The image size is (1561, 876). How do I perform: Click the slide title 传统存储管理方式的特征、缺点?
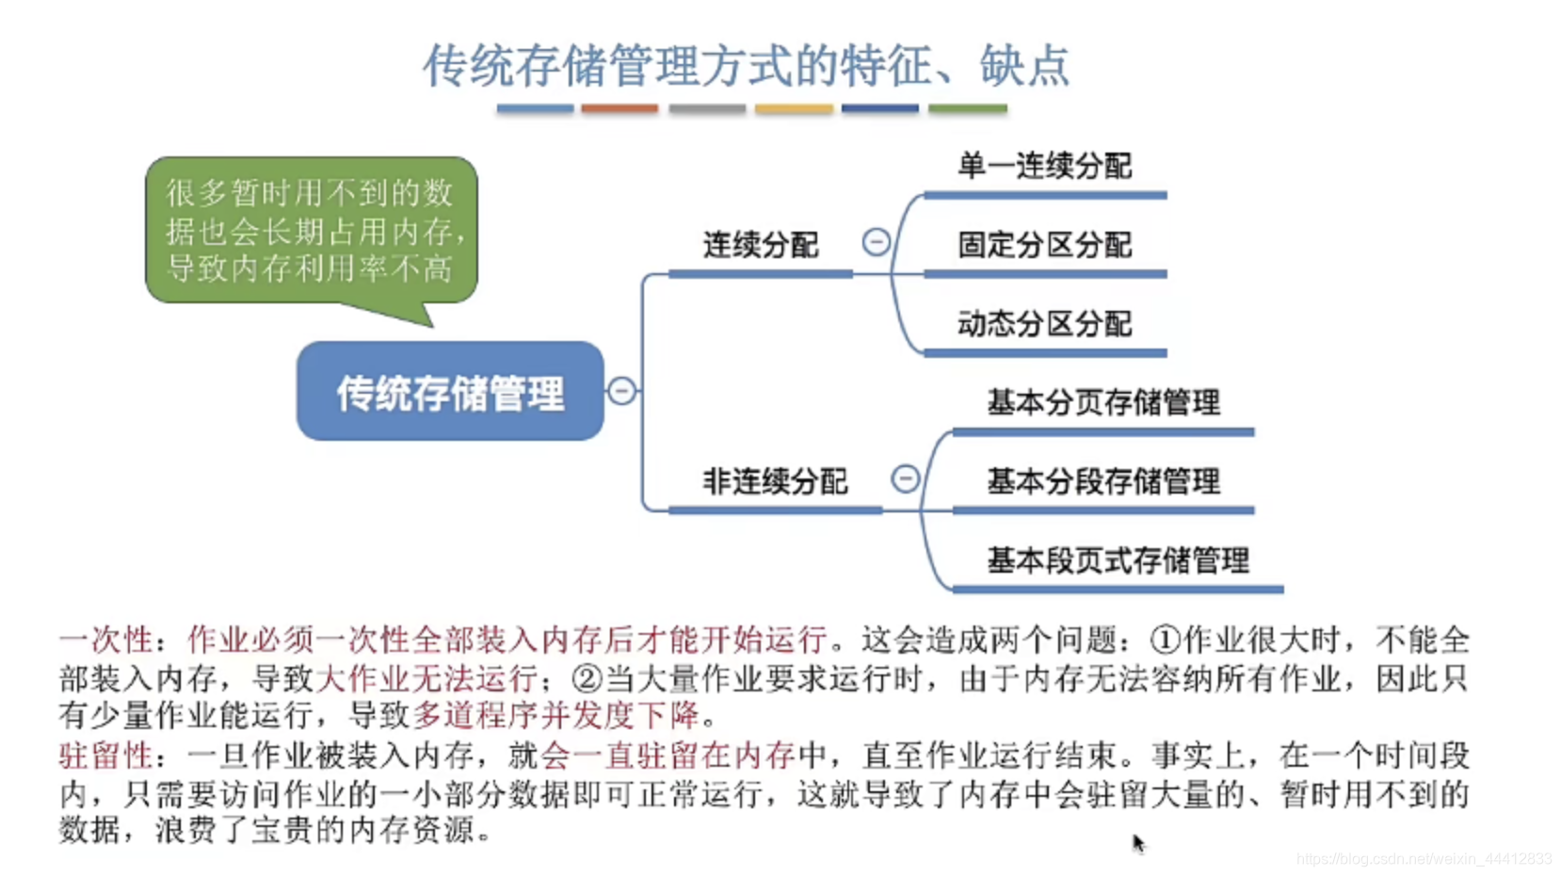click(746, 66)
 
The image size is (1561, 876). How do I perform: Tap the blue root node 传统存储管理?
click(450, 392)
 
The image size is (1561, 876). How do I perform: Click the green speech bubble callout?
click(311, 232)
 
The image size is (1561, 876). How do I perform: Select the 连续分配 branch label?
click(760, 246)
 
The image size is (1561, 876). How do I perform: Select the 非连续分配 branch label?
click(775, 481)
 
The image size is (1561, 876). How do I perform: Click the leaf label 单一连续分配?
click(1044, 167)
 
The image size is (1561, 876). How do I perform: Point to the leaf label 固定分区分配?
click(1044, 246)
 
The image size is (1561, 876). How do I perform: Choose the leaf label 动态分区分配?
click(1044, 325)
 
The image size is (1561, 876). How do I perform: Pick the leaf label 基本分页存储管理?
click(1102, 403)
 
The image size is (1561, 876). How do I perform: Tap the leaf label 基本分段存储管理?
click(1102, 482)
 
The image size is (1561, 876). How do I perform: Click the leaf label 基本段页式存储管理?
click(1118, 561)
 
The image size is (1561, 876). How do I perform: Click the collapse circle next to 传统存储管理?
click(621, 391)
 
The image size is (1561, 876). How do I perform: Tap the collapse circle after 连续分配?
click(876, 243)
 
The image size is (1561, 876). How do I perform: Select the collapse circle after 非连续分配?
click(905, 479)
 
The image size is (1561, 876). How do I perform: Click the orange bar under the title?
click(620, 109)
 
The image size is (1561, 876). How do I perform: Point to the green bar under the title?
click(967, 109)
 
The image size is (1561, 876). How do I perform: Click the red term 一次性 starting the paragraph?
click(105, 641)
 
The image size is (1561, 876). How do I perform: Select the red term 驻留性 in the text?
click(105, 755)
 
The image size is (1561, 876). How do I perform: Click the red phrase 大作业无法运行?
click(426, 678)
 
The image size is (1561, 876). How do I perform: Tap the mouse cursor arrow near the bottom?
click(1137, 842)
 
